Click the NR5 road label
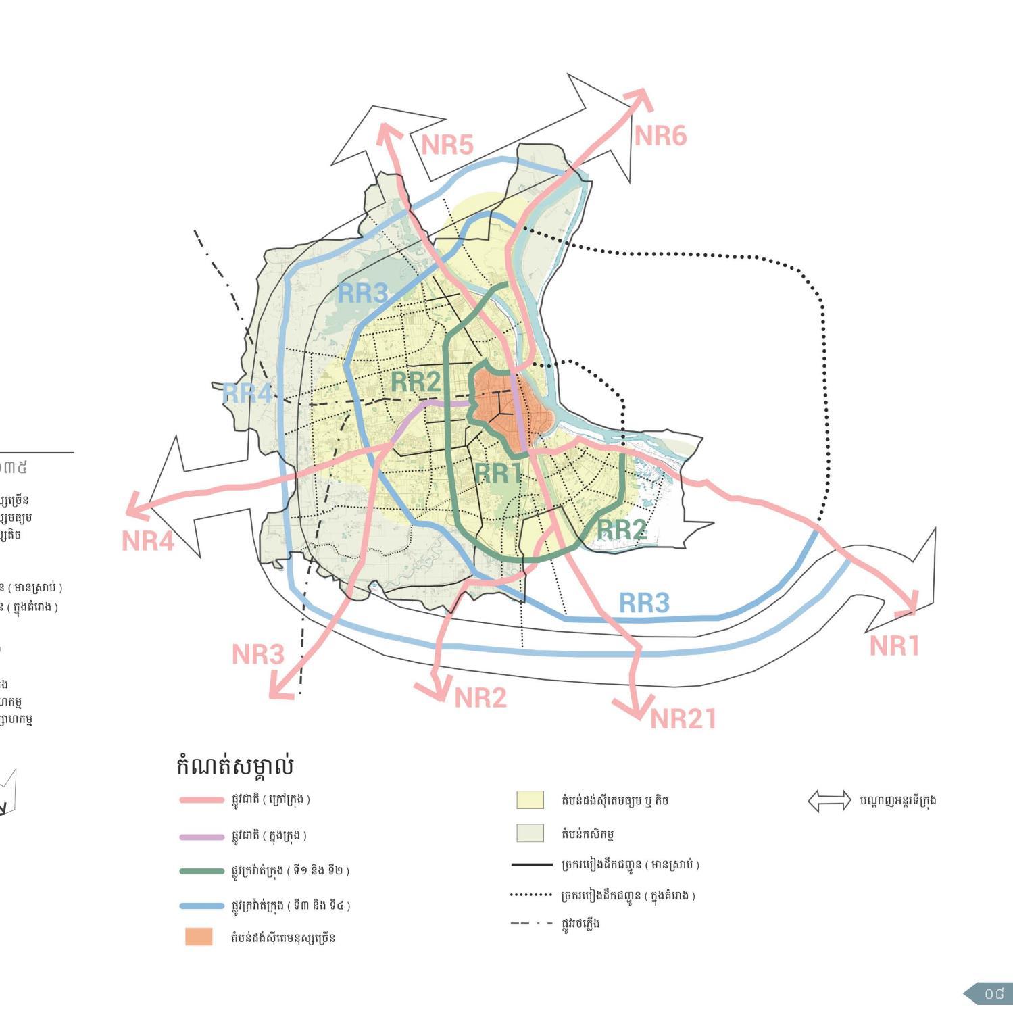(x=447, y=145)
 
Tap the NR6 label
(x=660, y=136)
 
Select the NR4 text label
(x=148, y=541)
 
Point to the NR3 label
(x=257, y=654)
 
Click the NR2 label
(x=480, y=697)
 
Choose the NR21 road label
(x=683, y=719)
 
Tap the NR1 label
(x=894, y=646)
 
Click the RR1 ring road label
(x=498, y=473)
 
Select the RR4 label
(x=247, y=393)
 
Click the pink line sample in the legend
(x=201, y=800)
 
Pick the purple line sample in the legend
(x=201, y=837)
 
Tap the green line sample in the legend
(x=201, y=871)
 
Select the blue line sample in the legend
(x=201, y=906)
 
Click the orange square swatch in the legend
(x=199, y=937)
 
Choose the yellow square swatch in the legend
(x=530, y=799)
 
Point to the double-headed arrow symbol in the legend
(x=829, y=801)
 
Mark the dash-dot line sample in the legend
(x=531, y=923)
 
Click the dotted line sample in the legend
(x=531, y=895)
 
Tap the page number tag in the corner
(x=990, y=994)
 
